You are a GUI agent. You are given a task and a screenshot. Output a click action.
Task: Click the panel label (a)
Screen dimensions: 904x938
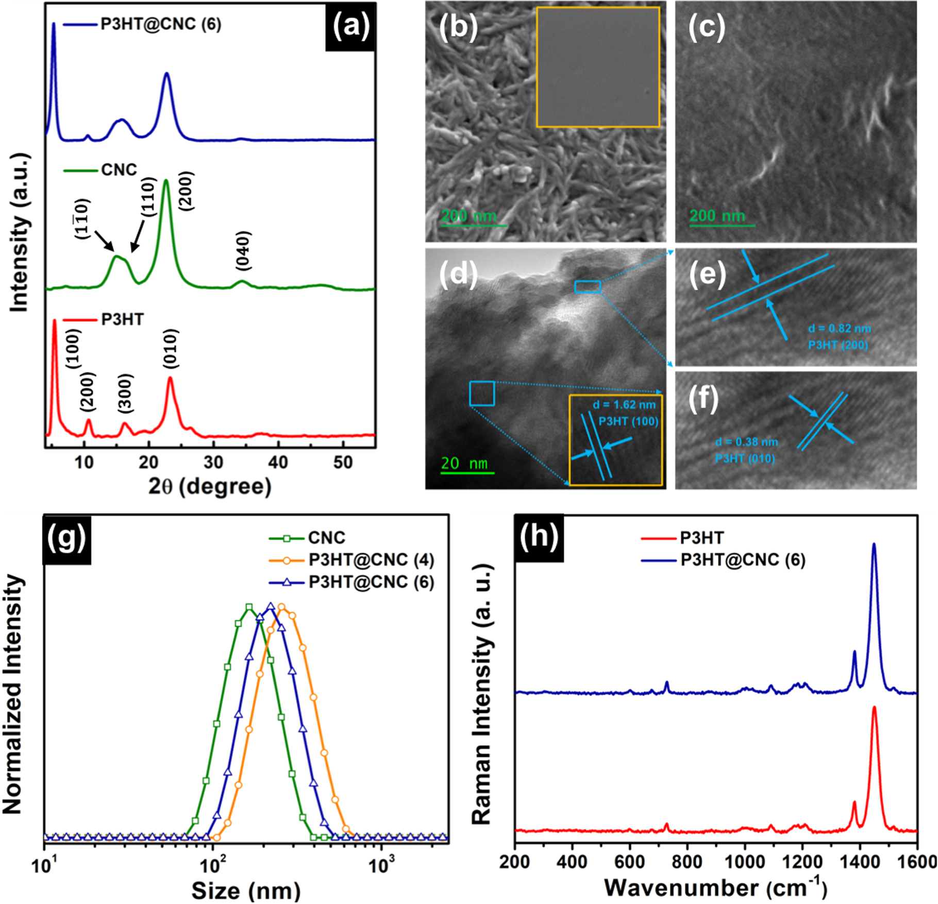[x=351, y=25]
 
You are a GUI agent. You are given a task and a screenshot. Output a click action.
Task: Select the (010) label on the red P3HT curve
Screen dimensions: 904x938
[x=171, y=349]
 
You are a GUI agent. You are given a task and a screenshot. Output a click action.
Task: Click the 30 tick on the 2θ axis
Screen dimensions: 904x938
[x=213, y=463]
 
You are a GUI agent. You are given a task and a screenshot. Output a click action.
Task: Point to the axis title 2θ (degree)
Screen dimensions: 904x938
[x=210, y=486]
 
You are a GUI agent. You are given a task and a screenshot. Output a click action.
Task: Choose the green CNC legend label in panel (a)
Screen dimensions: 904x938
[x=119, y=170]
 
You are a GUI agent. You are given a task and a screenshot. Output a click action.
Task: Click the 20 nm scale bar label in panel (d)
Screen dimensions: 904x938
[x=464, y=463]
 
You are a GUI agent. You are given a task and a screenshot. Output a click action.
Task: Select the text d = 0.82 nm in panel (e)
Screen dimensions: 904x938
[x=839, y=329]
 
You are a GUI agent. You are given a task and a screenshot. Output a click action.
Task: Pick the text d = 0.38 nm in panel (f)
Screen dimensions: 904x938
[x=746, y=442]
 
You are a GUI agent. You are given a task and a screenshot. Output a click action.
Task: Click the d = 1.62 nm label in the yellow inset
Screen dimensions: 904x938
[x=624, y=405]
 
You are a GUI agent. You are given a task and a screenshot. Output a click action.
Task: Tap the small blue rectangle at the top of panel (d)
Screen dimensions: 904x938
[x=588, y=286]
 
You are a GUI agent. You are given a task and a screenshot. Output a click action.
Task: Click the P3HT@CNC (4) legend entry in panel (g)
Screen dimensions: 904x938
[x=371, y=559]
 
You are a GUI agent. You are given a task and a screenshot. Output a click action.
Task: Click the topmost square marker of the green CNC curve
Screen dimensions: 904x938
[x=249, y=607]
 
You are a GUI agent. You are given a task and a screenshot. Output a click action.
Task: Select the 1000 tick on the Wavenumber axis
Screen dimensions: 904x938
[x=745, y=861]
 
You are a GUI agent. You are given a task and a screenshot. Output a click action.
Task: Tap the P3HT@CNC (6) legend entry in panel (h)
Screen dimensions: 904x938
[x=743, y=560]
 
